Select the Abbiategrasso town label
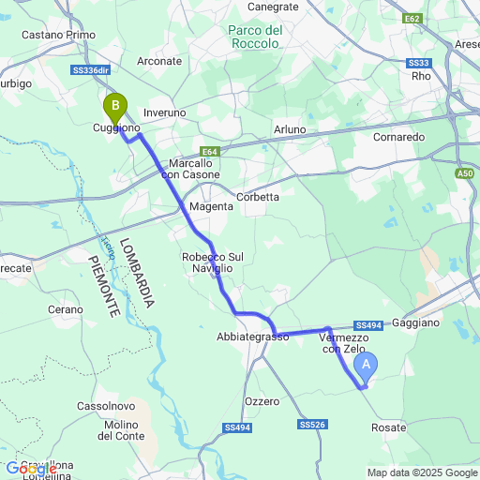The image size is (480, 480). [x=252, y=337]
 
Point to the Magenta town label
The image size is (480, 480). [x=210, y=206]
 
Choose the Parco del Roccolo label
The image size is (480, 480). [x=255, y=37]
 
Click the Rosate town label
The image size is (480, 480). [x=389, y=427]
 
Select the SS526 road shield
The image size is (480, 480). [x=312, y=425]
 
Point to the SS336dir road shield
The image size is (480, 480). [x=90, y=70]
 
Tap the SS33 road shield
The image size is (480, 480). [x=418, y=63]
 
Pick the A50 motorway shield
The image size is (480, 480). [x=466, y=173]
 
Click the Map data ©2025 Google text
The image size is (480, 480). [x=422, y=472]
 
